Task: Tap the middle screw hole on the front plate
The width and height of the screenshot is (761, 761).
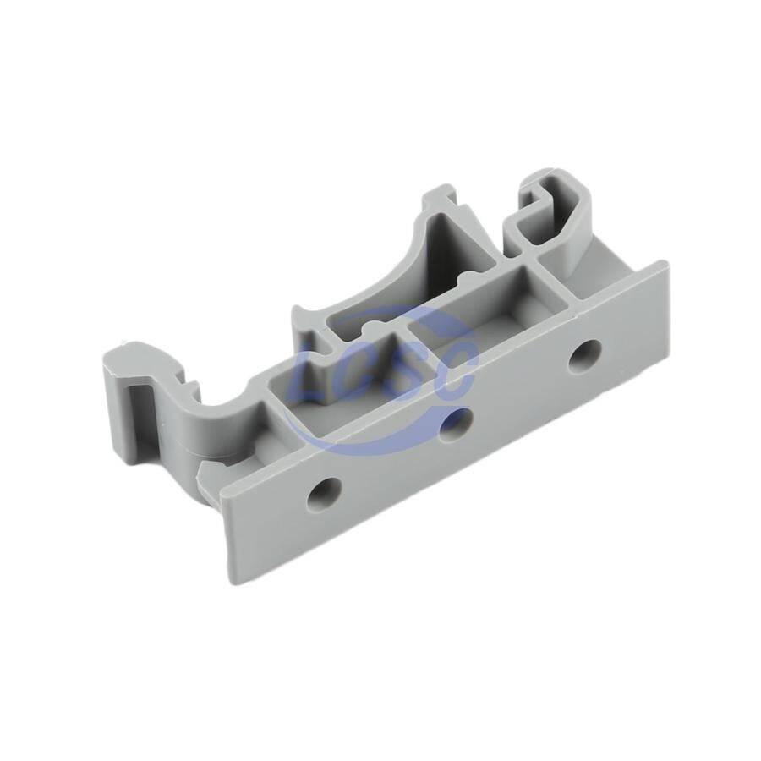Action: pyautogui.click(x=457, y=424)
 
